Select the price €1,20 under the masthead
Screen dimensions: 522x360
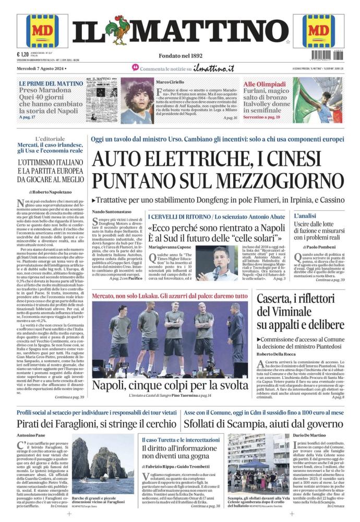point(22,54)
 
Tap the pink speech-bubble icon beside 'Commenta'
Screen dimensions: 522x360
point(135,68)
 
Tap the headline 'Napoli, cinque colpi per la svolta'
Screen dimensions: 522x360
point(170,386)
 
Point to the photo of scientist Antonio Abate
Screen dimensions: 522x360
point(215,263)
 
